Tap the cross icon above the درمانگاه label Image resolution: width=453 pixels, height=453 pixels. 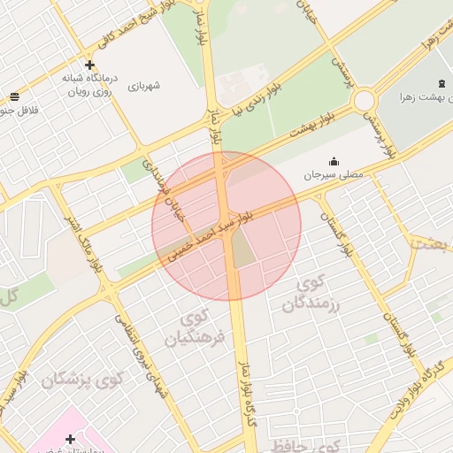(89, 65)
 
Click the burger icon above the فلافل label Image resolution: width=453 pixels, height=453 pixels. (13, 97)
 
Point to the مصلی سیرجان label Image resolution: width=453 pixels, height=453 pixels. (334, 176)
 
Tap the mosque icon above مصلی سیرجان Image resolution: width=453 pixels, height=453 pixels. (334, 161)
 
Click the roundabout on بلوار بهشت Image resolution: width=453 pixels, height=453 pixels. (365, 101)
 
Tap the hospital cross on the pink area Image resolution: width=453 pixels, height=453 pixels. (70, 438)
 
